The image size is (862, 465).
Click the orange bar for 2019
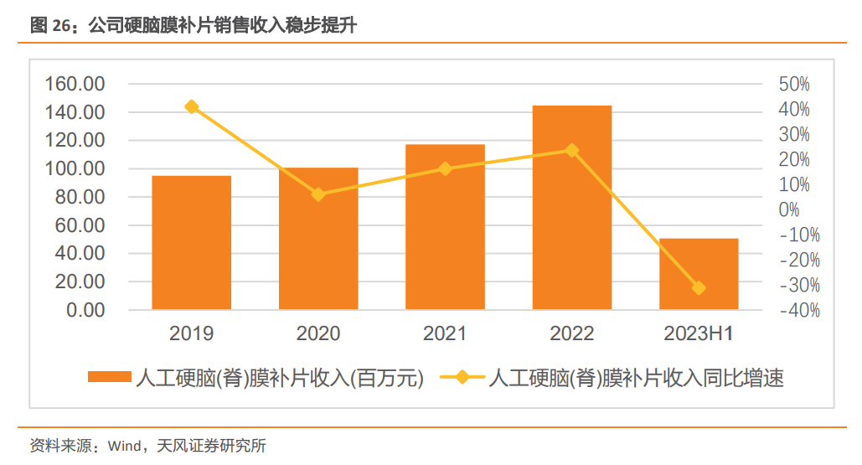(x=191, y=243)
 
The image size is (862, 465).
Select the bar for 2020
(x=318, y=239)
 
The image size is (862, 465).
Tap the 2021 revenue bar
(x=445, y=227)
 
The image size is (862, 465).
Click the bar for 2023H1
(x=699, y=274)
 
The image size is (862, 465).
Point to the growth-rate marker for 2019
(x=192, y=106)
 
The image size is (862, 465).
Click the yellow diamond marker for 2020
(x=318, y=194)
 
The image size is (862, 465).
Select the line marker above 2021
(x=446, y=168)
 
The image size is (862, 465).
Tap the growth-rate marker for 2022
(x=572, y=151)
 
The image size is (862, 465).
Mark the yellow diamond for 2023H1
(x=699, y=288)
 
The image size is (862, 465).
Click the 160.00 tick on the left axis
(x=75, y=84)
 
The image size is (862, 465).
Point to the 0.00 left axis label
(x=85, y=311)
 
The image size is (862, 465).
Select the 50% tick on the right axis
(x=794, y=84)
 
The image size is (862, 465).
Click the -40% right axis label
(x=799, y=311)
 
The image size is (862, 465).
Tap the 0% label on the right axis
(x=789, y=210)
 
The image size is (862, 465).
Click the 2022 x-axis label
(x=572, y=334)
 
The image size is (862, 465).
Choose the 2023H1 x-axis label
(x=699, y=334)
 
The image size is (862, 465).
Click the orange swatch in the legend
(x=110, y=378)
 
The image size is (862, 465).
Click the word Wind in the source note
(x=125, y=446)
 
